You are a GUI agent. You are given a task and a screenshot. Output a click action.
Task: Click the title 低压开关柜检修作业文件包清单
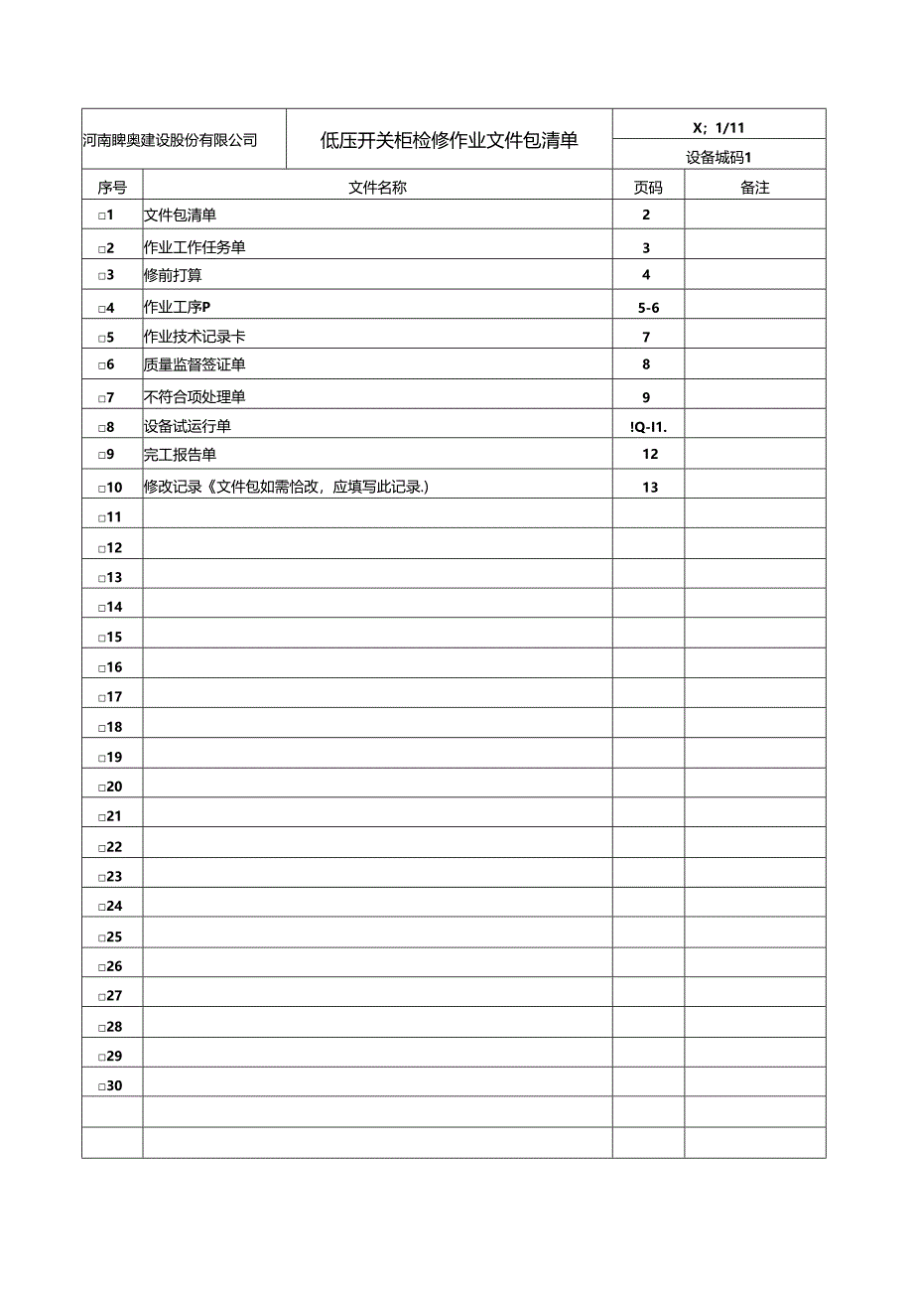click(x=449, y=140)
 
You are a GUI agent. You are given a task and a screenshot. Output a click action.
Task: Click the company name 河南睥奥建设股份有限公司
click(x=170, y=140)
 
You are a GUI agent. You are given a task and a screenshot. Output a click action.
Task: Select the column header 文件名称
click(x=377, y=188)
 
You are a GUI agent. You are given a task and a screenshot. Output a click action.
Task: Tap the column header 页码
click(x=648, y=188)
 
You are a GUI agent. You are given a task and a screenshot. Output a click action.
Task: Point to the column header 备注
click(x=755, y=188)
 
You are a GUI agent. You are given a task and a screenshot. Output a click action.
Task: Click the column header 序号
click(x=112, y=188)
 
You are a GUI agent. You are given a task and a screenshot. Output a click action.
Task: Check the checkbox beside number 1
click(x=101, y=216)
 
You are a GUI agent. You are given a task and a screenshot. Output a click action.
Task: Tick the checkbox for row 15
click(x=101, y=639)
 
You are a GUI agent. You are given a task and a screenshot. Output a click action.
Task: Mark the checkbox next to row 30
click(x=101, y=1087)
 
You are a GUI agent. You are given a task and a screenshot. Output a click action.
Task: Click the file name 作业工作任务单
click(x=195, y=248)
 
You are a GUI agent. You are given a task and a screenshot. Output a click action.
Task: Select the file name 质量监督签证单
click(x=195, y=364)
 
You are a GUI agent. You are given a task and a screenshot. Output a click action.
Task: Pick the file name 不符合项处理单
click(x=195, y=397)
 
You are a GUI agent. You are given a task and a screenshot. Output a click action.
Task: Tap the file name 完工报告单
click(x=180, y=455)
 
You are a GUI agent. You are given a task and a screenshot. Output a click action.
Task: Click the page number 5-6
click(x=649, y=308)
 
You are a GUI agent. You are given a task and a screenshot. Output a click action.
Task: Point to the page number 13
click(x=649, y=487)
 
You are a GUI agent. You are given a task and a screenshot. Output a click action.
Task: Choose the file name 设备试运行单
click(x=188, y=426)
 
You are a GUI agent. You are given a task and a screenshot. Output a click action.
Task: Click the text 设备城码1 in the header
click(x=719, y=156)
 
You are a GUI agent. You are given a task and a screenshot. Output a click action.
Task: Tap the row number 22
click(x=114, y=847)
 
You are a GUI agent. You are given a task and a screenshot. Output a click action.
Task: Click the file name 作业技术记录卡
click(x=195, y=338)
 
